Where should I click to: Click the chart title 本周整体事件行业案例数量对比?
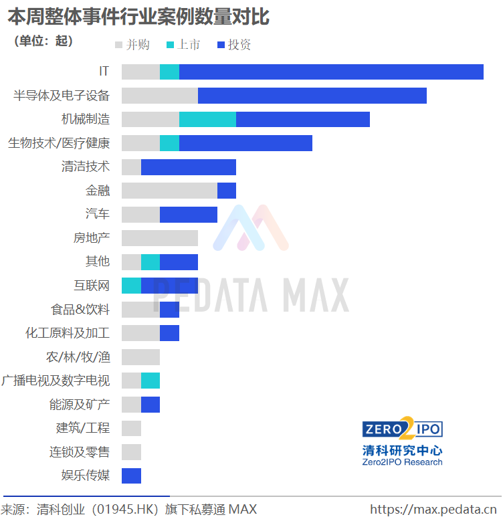(138, 17)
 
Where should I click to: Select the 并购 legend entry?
(132, 45)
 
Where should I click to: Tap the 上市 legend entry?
(183, 45)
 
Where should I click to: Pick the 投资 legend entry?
(235, 45)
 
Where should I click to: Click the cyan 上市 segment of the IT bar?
(169, 72)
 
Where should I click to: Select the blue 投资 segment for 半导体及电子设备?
(312, 96)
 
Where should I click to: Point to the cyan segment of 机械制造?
(207, 119)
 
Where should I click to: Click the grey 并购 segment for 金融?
(169, 191)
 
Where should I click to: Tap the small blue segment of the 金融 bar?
(227, 191)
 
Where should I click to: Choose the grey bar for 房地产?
(160, 238)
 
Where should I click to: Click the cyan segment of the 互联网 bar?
(131, 286)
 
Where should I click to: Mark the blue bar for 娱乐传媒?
(131, 476)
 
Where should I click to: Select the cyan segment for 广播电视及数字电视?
(150, 381)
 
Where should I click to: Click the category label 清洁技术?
(86, 167)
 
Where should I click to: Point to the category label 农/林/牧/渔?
(78, 356)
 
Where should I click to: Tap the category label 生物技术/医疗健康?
(59, 143)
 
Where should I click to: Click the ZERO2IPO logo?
(402, 429)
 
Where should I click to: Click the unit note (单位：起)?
(43, 41)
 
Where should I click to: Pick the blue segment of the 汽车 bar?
(188, 214)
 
